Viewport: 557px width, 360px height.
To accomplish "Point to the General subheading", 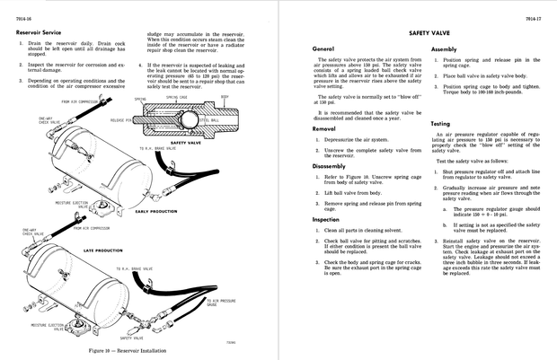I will [x=323, y=48].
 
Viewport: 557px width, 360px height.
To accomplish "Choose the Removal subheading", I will [x=324, y=128].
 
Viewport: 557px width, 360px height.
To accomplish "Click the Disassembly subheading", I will [x=330, y=166].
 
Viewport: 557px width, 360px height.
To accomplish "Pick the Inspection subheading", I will [x=326, y=218].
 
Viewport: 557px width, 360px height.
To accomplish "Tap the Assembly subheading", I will [x=445, y=48].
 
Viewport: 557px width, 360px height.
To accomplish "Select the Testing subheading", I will [x=441, y=123].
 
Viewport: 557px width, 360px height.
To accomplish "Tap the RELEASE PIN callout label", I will [x=121, y=119].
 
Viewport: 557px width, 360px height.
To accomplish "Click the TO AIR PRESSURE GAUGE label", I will [x=224, y=303].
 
